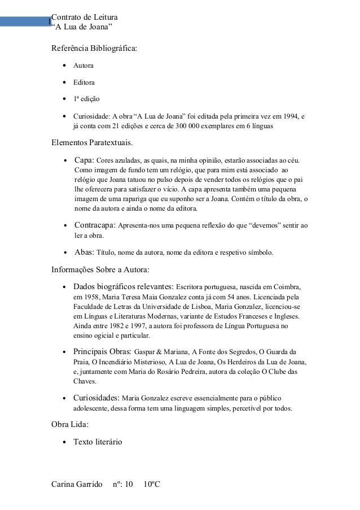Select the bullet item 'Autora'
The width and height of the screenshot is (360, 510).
(82, 66)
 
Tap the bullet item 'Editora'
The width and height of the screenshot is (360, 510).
(82, 82)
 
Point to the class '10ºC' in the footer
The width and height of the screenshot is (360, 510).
(152, 485)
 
